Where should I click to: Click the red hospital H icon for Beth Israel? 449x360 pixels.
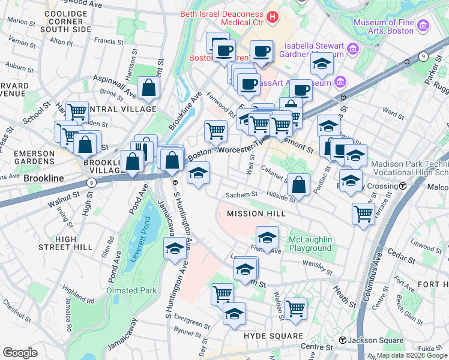coord(273,17)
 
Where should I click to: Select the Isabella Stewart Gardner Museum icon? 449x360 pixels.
coord(353,48)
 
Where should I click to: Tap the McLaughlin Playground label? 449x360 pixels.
coord(310,244)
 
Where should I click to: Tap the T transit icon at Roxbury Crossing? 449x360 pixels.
coord(403,186)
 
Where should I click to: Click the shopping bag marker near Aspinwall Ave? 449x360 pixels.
coord(148,89)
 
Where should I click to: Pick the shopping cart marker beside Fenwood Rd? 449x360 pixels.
coord(215,130)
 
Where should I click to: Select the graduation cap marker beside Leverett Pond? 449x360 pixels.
coord(175,249)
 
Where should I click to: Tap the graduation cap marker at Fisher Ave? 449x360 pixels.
coord(267,237)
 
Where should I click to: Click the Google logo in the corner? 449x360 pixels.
coord(20,353)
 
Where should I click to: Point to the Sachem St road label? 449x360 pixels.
coord(241,194)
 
